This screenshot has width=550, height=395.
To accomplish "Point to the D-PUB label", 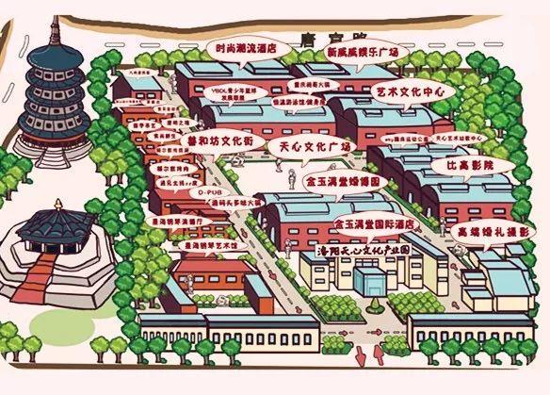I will point(201,190).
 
